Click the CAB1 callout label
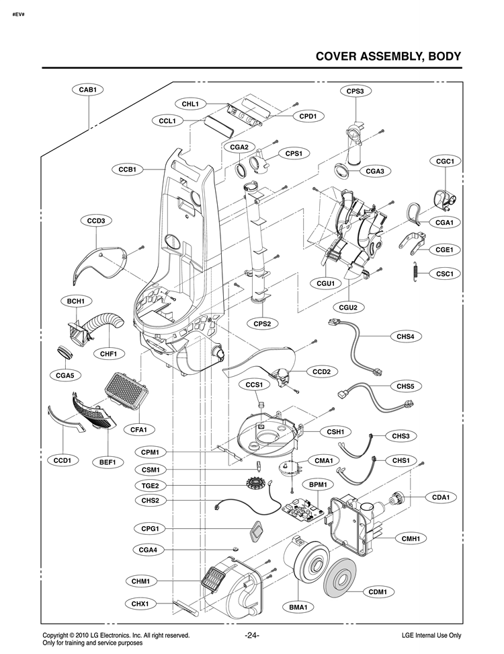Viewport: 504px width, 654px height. (x=88, y=89)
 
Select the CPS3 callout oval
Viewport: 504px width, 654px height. (x=355, y=91)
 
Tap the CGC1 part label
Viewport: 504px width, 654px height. (x=445, y=161)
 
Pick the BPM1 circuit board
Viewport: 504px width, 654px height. (x=304, y=507)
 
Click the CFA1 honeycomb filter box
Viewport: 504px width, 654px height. (x=126, y=390)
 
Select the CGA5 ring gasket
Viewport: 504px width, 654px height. (x=64, y=351)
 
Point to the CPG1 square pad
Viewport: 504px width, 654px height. (x=257, y=532)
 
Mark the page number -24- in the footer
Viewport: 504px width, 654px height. (x=252, y=635)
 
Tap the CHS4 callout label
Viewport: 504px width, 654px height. (x=405, y=336)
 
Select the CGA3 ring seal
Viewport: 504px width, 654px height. (x=343, y=171)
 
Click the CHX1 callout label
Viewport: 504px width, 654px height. (x=140, y=604)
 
